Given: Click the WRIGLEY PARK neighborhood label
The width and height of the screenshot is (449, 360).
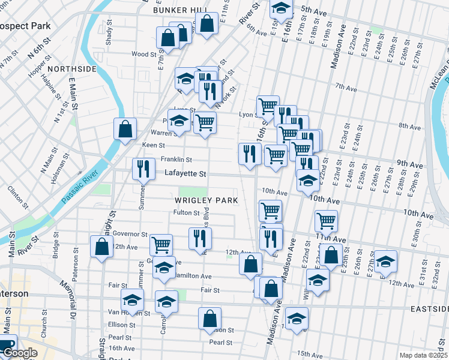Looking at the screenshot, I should click(x=206, y=200).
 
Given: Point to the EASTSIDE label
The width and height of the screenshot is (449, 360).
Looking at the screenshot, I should click(x=428, y=308).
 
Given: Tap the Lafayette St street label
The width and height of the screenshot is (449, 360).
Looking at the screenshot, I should click(x=185, y=174).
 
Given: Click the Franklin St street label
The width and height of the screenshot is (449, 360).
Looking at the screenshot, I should click(x=176, y=160).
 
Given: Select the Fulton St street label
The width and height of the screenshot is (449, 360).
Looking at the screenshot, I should click(x=186, y=212).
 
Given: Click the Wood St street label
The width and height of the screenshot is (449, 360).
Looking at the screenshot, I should click(x=144, y=54).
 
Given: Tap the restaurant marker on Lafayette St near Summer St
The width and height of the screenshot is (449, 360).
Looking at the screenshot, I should click(x=142, y=169).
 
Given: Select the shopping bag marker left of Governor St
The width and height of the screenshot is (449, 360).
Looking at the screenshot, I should click(x=101, y=245).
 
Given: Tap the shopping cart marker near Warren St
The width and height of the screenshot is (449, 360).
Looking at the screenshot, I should click(x=205, y=122).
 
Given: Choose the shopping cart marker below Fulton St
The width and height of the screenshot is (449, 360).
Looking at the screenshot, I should click(x=270, y=211).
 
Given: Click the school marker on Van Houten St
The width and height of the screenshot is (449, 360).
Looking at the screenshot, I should click(x=132, y=299).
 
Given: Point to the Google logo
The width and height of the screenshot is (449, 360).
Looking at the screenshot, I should click(x=19, y=353).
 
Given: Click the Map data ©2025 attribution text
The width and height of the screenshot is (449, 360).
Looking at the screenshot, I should click(x=424, y=355).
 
